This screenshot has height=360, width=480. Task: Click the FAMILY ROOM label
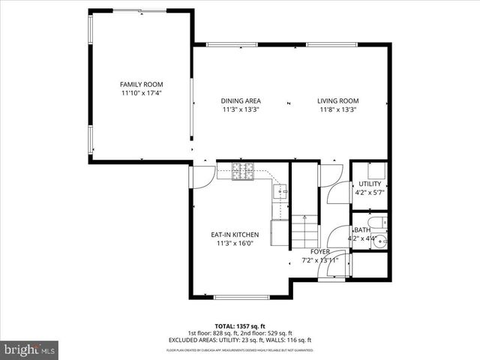[142, 85]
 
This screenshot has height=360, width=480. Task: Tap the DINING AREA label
[241, 100]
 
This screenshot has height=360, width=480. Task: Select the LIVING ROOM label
[337, 100]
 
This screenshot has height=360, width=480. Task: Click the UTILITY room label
[370, 184]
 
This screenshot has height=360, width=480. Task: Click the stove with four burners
[244, 172]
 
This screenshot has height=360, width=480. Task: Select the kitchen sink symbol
[282, 193]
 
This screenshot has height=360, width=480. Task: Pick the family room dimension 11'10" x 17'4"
[142, 94]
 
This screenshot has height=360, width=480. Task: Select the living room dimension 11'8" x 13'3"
[337, 109]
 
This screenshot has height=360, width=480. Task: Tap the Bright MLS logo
[30, 349]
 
